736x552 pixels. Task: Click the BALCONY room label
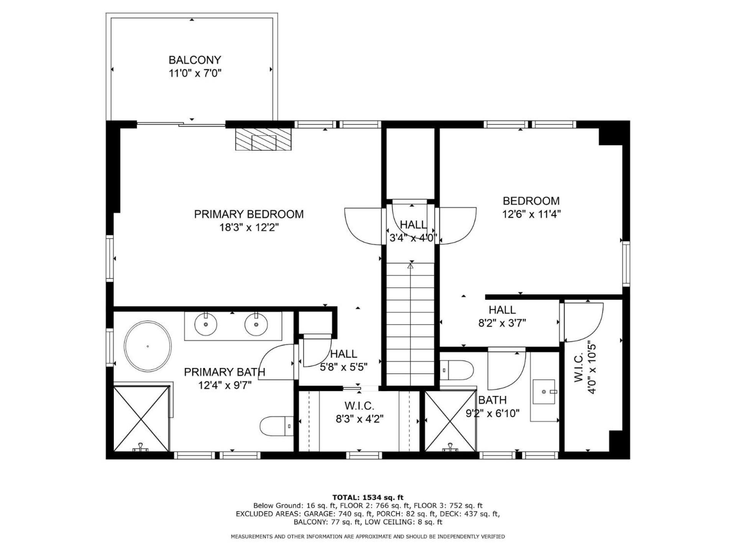tap(195, 60)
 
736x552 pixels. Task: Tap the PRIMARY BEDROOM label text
tap(249, 214)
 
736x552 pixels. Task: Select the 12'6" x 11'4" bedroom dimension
tap(531, 214)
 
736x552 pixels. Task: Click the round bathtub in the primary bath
tap(148, 346)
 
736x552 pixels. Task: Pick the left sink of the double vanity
tap(206, 324)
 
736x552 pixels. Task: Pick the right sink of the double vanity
tap(256, 324)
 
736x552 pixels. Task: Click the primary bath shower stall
tap(141, 419)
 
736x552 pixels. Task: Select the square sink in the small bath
tap(544, 392)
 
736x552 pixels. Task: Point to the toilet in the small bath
tap(457, 370)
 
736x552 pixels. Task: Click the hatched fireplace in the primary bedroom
tap(263, 139)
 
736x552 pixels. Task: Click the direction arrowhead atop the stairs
tap(411, 265)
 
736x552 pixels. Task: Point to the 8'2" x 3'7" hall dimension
tap(502, 323)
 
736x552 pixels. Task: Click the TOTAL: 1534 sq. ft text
tap(368, 498)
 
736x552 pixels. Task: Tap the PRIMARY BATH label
tap(225, 372)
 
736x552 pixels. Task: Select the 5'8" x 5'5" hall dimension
tap(344, 367)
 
